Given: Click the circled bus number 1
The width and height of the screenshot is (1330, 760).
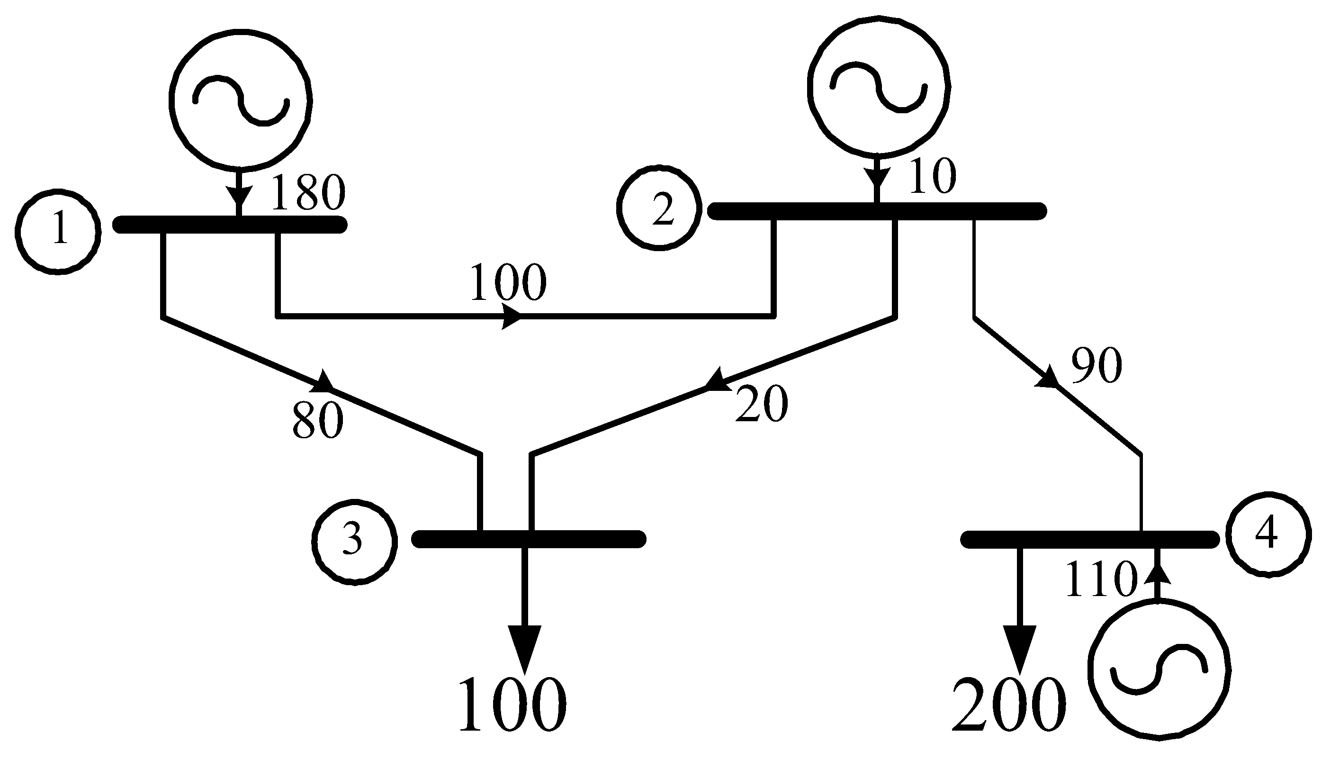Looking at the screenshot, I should tap(58, 231).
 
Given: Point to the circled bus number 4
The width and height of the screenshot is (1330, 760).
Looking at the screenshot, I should tap(1268, 534).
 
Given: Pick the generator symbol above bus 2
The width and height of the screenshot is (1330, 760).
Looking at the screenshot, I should tap(879, 84).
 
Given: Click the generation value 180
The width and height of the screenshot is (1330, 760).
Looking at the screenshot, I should tap(308, 192).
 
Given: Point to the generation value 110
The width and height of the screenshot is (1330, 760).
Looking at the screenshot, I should tap(1100, 579).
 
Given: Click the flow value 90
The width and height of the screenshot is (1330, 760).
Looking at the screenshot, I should tap(1096, 365).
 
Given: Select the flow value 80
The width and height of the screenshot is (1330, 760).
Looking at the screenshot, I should tap(318, 421).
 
